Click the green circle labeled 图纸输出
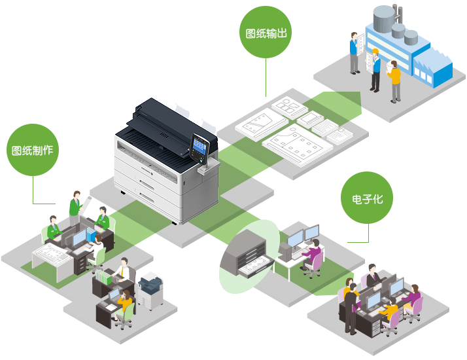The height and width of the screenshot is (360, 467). click(266, 32)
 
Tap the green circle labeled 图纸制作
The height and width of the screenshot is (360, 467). click(33, 150)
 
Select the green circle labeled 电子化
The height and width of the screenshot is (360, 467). click(367, 198)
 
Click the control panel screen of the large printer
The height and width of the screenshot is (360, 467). click(199, 145)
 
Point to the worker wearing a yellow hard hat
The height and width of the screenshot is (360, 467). click(375, 70)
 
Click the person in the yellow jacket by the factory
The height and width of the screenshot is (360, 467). click(394, 81)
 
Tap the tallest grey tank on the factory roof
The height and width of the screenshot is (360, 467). click(384, 18)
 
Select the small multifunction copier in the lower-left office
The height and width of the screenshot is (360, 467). click(150, 291)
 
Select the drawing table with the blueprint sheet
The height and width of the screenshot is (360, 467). click(52, 260)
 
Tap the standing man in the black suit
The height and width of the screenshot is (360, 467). click(351, 308)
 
